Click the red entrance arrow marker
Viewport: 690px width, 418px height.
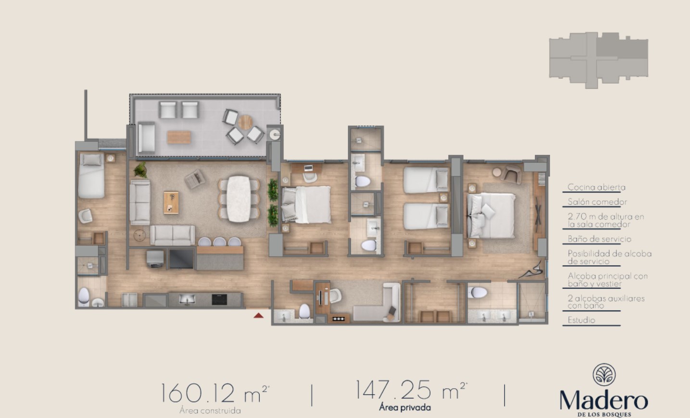click(x=258, y=315)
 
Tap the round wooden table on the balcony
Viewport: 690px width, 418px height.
click(x=245, y=122)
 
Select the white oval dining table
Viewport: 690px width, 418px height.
click(x=238, y=199)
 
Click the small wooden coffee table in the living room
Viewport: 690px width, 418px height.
click(x=171, y=203)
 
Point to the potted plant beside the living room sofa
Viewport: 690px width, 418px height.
click(x=140, y=170)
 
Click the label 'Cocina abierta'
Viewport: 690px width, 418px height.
click(x=596, y=187)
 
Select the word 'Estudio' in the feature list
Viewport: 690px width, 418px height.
click(x=581, y=320)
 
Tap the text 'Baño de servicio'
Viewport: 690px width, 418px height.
click(x=600, y=239)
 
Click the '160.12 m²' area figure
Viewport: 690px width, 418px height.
click(x=215, y=393)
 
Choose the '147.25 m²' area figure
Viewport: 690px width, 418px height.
click(x=411, y=390)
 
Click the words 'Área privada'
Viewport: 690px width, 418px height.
click(x=405, y=407)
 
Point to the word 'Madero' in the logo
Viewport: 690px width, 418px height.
click(x=603, y=401)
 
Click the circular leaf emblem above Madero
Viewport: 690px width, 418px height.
click(x=604, y=375)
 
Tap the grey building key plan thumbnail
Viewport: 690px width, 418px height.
click(x=599, y=61)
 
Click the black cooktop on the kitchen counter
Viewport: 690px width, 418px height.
click(x=219, y=299)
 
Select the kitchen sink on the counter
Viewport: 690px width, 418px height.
click(x=187, y=299)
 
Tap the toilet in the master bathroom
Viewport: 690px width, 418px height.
click(x=477, y=293)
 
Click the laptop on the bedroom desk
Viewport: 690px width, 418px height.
click(x=308, y=168)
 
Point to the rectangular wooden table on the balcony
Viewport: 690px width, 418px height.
click(x=179, y=137)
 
